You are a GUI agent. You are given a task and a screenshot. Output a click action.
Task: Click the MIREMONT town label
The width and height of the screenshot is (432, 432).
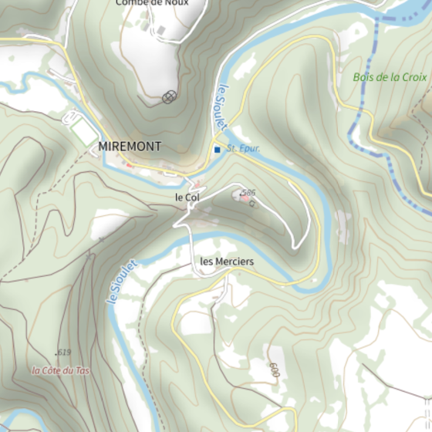[130, 146]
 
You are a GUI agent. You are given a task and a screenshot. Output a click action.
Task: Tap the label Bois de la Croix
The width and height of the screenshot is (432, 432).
[390, 77]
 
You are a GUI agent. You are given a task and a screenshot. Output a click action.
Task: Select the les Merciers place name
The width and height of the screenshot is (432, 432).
[227, 262]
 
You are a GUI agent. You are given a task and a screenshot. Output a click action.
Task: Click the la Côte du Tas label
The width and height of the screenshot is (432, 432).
[60, 370]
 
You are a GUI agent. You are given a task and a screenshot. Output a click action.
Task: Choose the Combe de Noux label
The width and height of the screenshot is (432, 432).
[152, 3]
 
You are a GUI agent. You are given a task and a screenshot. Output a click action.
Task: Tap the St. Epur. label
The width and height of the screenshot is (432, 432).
[244, 148]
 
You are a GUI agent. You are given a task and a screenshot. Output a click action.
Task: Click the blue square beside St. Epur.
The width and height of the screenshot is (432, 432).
[218, 149]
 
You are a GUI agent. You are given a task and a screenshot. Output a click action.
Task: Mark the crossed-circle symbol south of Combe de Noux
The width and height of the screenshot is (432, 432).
[170, 96]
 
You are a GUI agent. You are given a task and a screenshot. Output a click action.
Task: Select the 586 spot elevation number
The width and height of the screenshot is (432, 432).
[248, 192]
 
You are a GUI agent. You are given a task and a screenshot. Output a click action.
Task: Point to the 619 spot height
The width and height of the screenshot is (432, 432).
[63, 353]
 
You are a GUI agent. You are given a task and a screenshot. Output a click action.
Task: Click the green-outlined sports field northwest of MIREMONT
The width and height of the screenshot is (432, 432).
[82, 129]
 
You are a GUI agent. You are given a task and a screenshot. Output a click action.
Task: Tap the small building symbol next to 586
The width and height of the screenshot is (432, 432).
[252, 203]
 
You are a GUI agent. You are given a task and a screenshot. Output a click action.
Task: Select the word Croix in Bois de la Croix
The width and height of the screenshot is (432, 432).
[414, 77]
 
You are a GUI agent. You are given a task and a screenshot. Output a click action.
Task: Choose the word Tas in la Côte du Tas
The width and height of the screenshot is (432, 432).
[82, 370]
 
